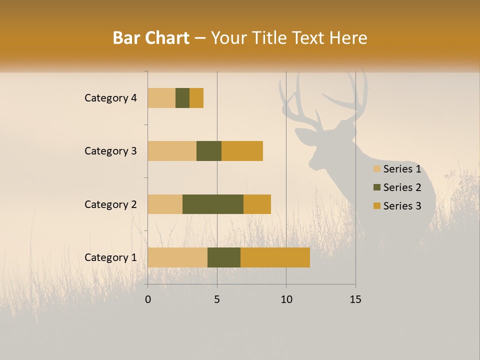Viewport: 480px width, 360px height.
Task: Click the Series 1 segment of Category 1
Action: pos(177,257)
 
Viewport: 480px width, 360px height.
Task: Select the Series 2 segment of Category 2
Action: pos(213,204)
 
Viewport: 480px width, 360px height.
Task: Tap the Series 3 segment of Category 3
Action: pos(242,151)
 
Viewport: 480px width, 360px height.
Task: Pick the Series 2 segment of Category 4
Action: pos(182,98)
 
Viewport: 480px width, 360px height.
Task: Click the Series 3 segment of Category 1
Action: pos(275,257)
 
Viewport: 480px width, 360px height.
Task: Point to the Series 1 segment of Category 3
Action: pos(172,151)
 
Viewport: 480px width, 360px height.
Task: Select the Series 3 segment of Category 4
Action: pos(196,98)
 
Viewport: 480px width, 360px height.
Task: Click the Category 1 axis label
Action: pos(110,257)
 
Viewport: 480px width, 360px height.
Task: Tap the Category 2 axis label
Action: pos(110,204)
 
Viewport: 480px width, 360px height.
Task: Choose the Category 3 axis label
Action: pos(110,151)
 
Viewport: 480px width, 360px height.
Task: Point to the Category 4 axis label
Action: pos(110,98)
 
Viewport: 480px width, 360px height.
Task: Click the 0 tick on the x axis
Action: pos(148,299)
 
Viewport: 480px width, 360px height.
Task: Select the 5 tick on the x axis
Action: pos(217,299)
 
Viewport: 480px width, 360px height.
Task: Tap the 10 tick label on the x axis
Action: pos(286,299)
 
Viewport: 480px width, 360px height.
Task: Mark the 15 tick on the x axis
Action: pos(355,299)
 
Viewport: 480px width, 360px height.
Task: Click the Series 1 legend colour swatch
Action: pos(376,169)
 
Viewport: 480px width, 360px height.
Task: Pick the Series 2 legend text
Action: pos(402,187)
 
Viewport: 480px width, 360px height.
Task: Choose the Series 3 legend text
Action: pos(402,206)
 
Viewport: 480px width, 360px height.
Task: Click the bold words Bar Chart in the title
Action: pos(151,38)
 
